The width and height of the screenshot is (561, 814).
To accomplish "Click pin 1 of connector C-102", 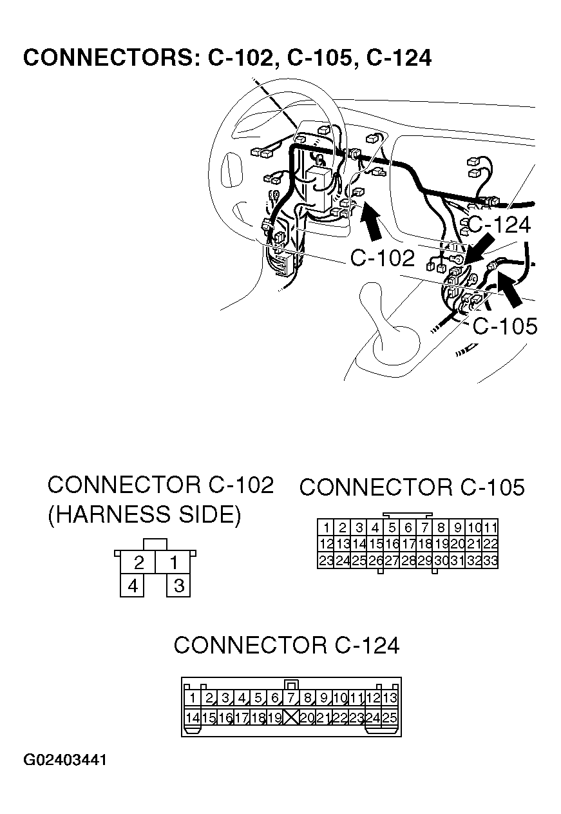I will click(x=174, y=563).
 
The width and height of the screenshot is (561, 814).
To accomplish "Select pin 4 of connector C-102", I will click(x=133, y=586).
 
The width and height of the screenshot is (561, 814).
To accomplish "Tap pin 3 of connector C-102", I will click(x=179, y=586).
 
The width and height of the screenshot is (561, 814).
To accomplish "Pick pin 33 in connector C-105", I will click(x=490, y=561).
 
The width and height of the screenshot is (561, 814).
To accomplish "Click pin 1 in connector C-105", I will click(x=327, y=527).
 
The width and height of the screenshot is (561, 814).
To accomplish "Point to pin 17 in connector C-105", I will click(x=408, y=544).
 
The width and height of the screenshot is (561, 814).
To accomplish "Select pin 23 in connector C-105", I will click(x=327, y=561).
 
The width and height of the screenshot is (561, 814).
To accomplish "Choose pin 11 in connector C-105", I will click(x=490, y=527).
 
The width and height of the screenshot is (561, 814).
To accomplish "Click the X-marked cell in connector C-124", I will click(x=292, y=717).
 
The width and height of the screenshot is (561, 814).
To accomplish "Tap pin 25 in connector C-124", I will click(x=390, y=717).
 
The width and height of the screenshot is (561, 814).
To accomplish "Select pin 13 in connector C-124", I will click(x=390, y=698).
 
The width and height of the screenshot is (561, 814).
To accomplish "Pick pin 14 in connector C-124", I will click(x=192, y=717).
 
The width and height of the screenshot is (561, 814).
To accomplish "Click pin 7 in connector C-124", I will click(x=292, y=698).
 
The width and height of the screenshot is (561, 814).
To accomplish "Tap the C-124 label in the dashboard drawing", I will click(x=499, y=224).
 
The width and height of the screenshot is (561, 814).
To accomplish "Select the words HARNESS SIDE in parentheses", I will click(x=144, y=515).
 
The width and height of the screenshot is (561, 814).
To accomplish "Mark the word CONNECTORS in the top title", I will click(x=107, y=58).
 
